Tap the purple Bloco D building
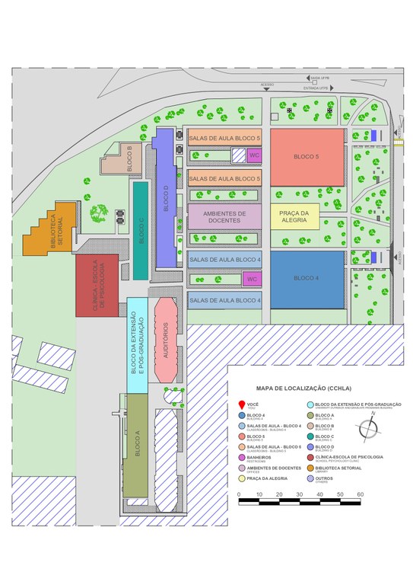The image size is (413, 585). [x=164, y=200]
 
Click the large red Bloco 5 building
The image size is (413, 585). [x=306, y=157]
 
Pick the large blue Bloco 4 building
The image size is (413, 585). [x=306, y=278]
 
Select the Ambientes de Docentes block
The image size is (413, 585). [x=224, y=216]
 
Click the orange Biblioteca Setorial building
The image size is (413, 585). [x=52, y=229]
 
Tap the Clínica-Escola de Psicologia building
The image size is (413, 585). [x=97, y=283]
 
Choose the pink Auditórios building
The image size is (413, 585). [x=165, y=340]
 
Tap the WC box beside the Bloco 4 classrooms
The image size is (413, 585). [x=253, y=280]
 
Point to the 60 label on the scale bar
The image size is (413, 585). [x=360, y=494]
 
